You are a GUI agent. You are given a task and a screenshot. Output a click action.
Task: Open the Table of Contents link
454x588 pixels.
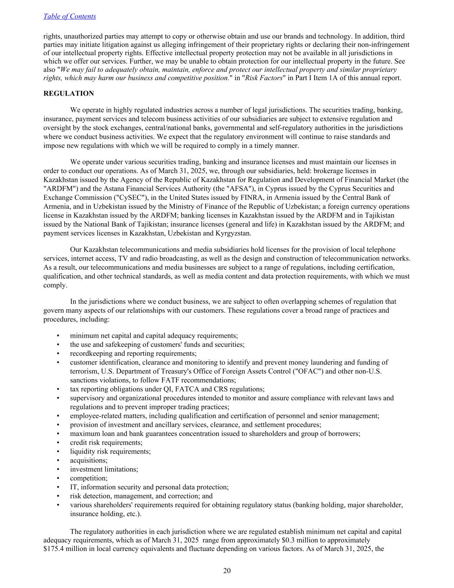point(70,16)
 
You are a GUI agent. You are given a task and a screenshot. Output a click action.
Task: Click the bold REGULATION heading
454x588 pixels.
point(68,93)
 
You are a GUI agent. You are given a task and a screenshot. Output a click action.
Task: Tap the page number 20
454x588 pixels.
point(227,571)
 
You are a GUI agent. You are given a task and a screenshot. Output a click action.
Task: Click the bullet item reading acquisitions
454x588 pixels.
point(89,460)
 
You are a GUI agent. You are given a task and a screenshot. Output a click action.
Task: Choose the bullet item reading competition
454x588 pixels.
point(89,478)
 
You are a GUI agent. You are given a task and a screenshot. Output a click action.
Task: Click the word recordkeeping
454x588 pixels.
point(90,354)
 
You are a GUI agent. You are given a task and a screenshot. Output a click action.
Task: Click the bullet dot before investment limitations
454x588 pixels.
point(58,470)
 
